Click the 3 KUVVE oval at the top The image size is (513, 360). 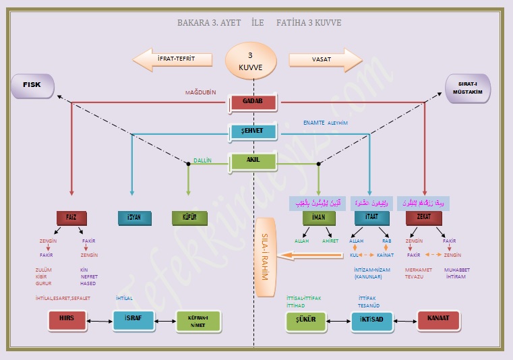(x=251, y=59)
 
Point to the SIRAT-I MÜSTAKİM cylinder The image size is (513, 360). (x=469, y=88)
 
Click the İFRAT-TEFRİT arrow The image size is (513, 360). (x=173, y=59)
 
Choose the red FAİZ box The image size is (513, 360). (x=71, y=218)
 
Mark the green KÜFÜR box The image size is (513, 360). (x=189, y=218)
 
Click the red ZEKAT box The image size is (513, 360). (x=423, y=218)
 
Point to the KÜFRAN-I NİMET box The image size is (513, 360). (x=198, y=321)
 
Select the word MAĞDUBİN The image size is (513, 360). (x=201, y=92)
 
